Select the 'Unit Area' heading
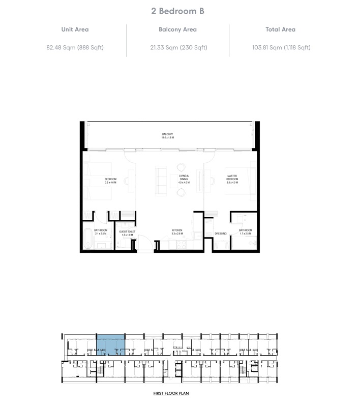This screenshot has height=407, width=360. point(75,30)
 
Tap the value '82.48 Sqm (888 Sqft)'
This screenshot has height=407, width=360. point(75,48)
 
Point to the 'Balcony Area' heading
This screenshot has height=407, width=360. point(177,30)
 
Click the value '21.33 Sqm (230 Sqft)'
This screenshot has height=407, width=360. point(177,48)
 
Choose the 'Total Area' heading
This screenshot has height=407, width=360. point(280,30)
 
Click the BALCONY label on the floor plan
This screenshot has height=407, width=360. point(168,136)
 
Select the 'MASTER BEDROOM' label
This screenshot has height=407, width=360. point(232,178)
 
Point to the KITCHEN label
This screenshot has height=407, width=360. point(177,231)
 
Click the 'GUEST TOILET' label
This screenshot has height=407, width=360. point(127,233)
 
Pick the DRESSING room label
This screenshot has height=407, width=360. point(220,234)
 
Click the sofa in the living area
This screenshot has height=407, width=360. point(161,181)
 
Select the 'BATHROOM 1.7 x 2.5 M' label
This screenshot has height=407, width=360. point(246,231)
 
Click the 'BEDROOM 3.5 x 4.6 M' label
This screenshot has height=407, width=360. point(111,181)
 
